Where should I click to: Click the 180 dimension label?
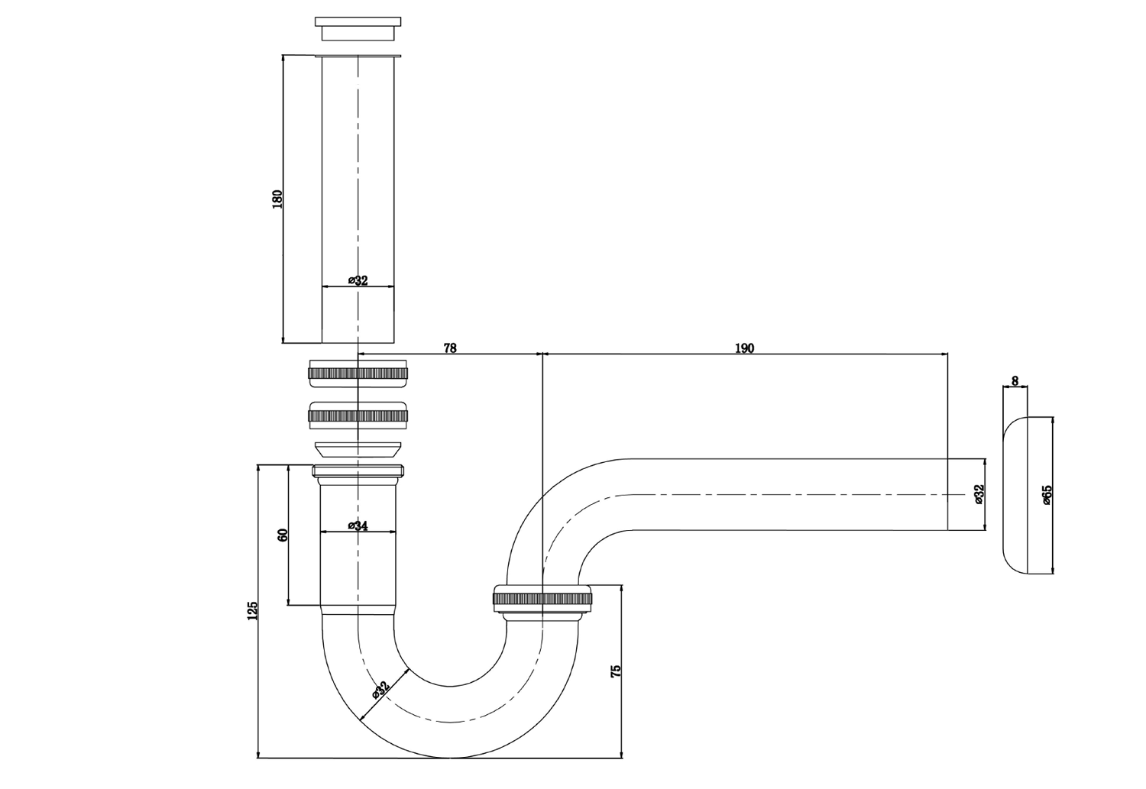pyautogui.click(x=277, y=199)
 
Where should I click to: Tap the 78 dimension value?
pyautogui.click(x=450, y=348)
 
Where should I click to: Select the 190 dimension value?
pyautogui.click(x=744, y=348)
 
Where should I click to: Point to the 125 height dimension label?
pyautogui.click(x=253, y=610)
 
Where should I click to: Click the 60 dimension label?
pyautogui.click(x=283, y=535)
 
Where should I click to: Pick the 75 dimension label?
pyautogui.click(x=616, y=672)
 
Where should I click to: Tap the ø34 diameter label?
pyautogui.click(x=358, y=525)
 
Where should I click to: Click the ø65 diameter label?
pyautogui.click(x=1047, y=494)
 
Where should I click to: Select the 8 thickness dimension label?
pyautogui.click(x=1015, y=380)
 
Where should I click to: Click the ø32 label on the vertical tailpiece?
pyautogui.click(x=358, y=280)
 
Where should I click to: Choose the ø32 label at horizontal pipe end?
pyautogui.click(x=979, y=494)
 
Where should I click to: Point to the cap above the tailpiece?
pyautogui.click(x=358, y=28)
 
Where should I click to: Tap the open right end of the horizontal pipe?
pyautogui.click(x=947, y=494)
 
